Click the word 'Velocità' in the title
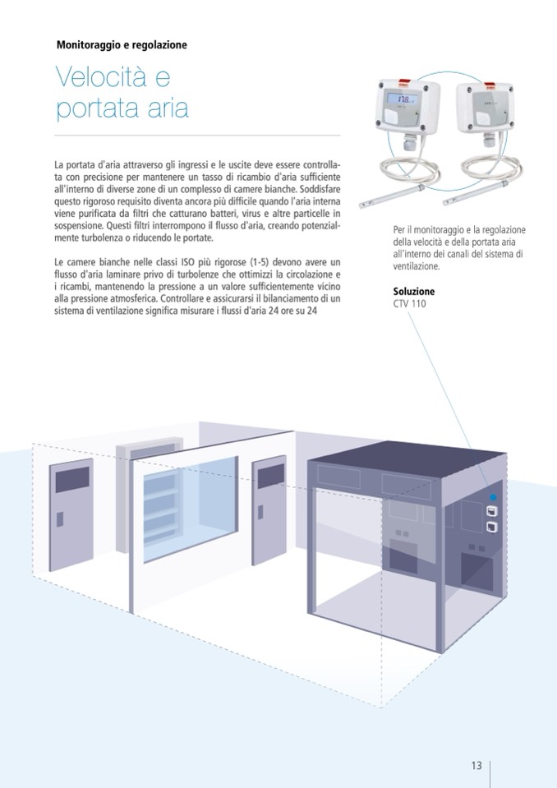tap(101, 79)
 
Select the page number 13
tap(476, 766)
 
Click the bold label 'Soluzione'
tap(414, 292)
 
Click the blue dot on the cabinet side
tap(492, 498)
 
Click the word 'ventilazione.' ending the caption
tap(417, 267)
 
